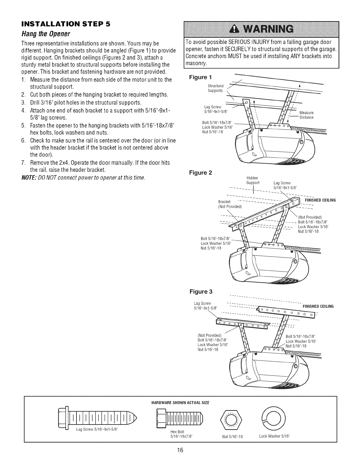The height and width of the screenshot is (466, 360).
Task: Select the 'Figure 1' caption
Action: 200,77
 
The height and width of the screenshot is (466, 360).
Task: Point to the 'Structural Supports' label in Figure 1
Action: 216,88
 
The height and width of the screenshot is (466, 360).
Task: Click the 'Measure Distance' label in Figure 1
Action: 306,115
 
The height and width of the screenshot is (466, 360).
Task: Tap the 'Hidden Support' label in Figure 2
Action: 253,180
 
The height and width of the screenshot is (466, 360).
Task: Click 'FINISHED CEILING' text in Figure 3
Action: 318,306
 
